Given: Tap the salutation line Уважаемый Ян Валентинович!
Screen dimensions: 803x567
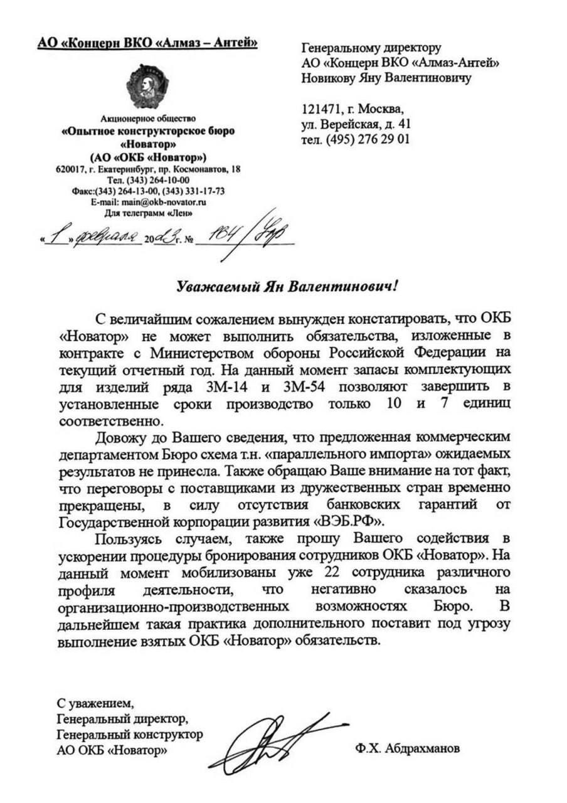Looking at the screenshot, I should (287, 286).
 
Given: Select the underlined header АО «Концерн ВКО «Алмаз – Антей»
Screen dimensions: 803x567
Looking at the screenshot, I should (147, 43).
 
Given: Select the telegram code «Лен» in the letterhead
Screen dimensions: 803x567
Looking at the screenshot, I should (179, 213).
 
